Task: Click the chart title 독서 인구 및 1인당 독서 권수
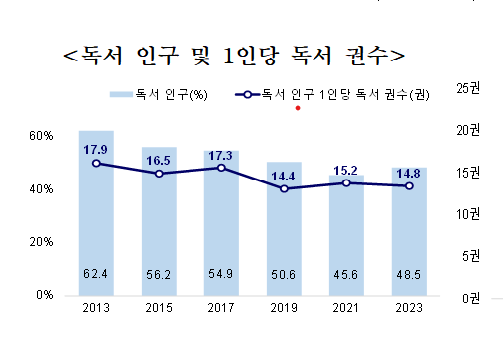click(234, 54)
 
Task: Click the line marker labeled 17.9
click(96, 163)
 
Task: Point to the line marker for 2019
click(285, 188)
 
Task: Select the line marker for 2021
click(347, 182)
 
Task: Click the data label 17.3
click(221, 155)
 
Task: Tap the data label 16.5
click(159, 159)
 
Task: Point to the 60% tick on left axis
click(41, 135)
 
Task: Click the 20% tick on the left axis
click(41, 241)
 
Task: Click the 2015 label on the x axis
click(159, 308)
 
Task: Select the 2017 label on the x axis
click(221, 308)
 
